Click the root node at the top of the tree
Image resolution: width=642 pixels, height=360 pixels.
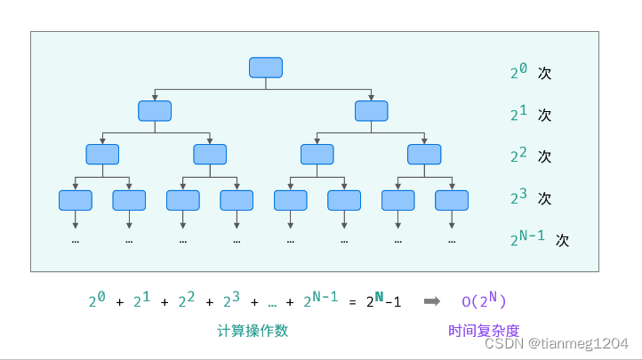click(x=266, y=68)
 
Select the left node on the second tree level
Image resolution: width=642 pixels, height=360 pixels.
click(x=155, y=111)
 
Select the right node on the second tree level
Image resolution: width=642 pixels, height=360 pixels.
click(x=371, y=111)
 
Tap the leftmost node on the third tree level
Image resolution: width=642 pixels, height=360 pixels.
click(x=102, y=155)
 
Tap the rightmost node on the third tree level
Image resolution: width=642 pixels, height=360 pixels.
click(x=424, y=155)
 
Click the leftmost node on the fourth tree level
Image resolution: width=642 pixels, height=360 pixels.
click(x=76, y=200)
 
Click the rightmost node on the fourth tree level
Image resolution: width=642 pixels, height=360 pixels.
click(x=452, y=200)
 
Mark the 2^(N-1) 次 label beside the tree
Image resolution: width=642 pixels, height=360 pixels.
click(x=539, y=238)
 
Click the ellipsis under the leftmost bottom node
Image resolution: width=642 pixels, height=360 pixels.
click(x=76, y=240)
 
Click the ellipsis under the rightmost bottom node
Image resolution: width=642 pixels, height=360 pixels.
click(x=452, y=240)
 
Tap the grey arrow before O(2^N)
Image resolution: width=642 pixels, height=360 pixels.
click(x=431, y=301)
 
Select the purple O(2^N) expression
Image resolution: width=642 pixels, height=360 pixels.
click(x=484, y=300)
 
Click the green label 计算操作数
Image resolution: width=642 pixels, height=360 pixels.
click(x=253, y=331)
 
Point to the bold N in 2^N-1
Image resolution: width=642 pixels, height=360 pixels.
click(x=379, y=296)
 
